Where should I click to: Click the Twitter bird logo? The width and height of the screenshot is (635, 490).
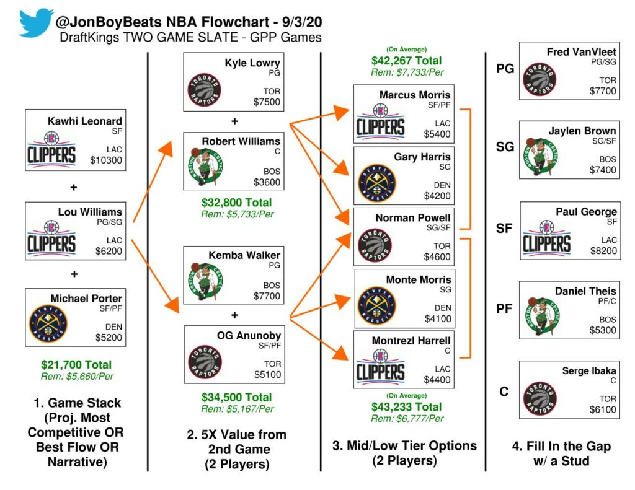click(36, 24)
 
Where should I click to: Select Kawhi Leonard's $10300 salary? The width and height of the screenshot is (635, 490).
click(107, 160)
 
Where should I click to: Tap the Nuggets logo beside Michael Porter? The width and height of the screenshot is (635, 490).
click(49, 323)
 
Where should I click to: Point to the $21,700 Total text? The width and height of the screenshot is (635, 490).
click(76, 364)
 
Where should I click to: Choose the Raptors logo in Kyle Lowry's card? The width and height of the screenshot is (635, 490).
click(205, 91)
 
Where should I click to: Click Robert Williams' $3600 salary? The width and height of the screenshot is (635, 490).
click(267, 182)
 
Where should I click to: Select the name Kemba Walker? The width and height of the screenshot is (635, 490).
click(253, 255)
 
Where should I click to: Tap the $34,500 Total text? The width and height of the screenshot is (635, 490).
click(236, 397)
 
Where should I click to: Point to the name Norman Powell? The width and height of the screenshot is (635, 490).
click(413, 218)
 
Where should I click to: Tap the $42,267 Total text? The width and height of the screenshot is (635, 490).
click(406, 61)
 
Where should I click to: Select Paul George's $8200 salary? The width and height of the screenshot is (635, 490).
click(603, 252)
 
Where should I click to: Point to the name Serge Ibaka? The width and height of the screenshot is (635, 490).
click(589, 371)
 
